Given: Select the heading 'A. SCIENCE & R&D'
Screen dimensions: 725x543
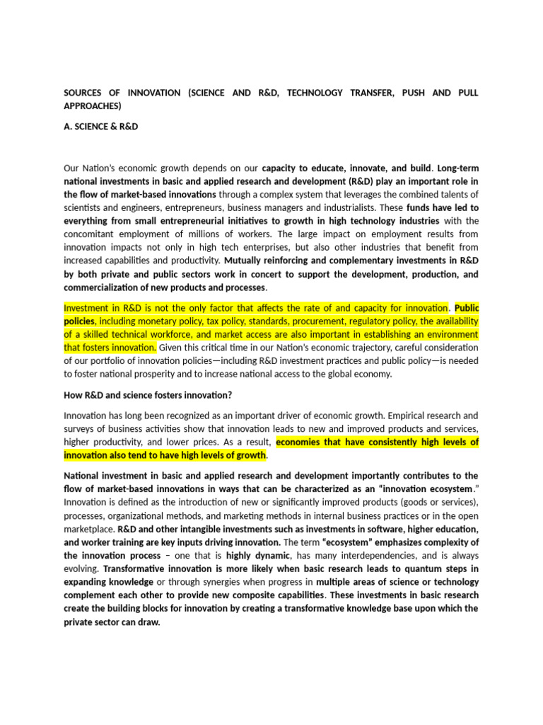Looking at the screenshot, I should (x=101, y=127).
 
